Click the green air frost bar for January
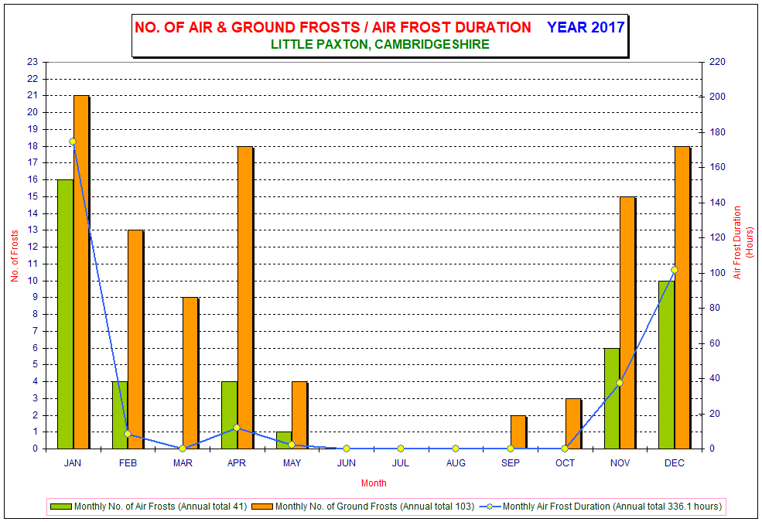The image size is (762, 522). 65,314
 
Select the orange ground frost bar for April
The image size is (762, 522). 245,297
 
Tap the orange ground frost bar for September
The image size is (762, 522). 518,432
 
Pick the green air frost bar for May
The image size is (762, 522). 284,441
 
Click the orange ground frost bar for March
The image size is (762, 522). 190,373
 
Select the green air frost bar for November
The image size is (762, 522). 612,398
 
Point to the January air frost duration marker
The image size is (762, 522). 73,142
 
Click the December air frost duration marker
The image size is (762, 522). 674,269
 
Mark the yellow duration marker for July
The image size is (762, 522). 401,449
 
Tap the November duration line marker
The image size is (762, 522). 619,383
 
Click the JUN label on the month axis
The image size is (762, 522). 346,463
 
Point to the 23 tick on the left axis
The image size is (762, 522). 32,62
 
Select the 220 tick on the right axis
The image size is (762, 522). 717,62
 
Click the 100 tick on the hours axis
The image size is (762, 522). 717,273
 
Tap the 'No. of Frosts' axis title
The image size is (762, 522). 15,256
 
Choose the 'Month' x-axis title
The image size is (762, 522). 374,483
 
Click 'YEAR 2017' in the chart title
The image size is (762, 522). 586,27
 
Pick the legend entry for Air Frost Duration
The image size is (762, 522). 601,507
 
